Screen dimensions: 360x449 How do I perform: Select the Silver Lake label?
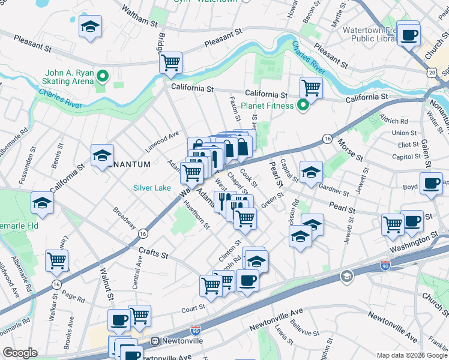click(152, 188)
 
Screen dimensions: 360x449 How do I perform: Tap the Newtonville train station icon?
click(155, 341)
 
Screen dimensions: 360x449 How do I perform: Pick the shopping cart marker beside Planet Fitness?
click(311, 88)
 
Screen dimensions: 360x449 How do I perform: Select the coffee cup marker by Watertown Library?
click(409, 35)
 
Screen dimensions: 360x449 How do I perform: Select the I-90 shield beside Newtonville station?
click(196, 330)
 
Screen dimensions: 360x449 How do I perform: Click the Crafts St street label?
click(152, 254)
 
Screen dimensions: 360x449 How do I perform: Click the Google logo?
click(20, 353)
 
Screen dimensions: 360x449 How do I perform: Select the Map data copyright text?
click(411, 355)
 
